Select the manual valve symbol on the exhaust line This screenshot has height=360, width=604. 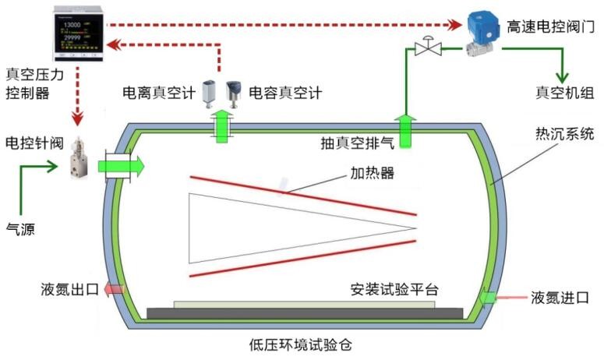click(426, 48)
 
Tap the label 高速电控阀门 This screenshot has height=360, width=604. click(550, 26)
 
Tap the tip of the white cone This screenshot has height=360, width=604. click(416, 228)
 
